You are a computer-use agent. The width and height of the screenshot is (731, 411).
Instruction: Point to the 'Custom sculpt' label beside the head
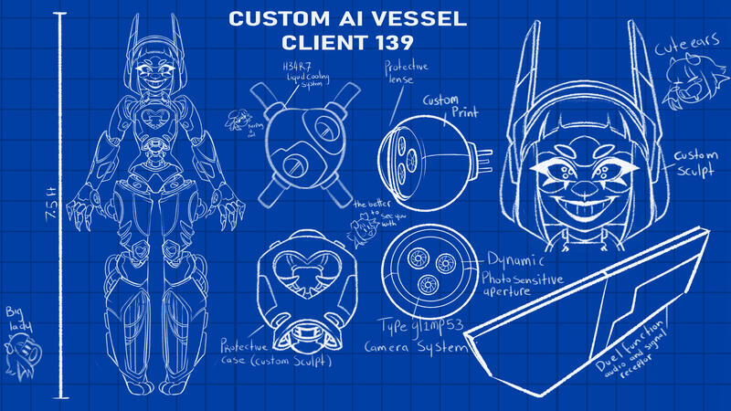[x=697, y=164]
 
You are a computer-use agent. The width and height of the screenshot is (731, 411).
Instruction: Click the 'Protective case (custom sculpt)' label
[x=274, y=354]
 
